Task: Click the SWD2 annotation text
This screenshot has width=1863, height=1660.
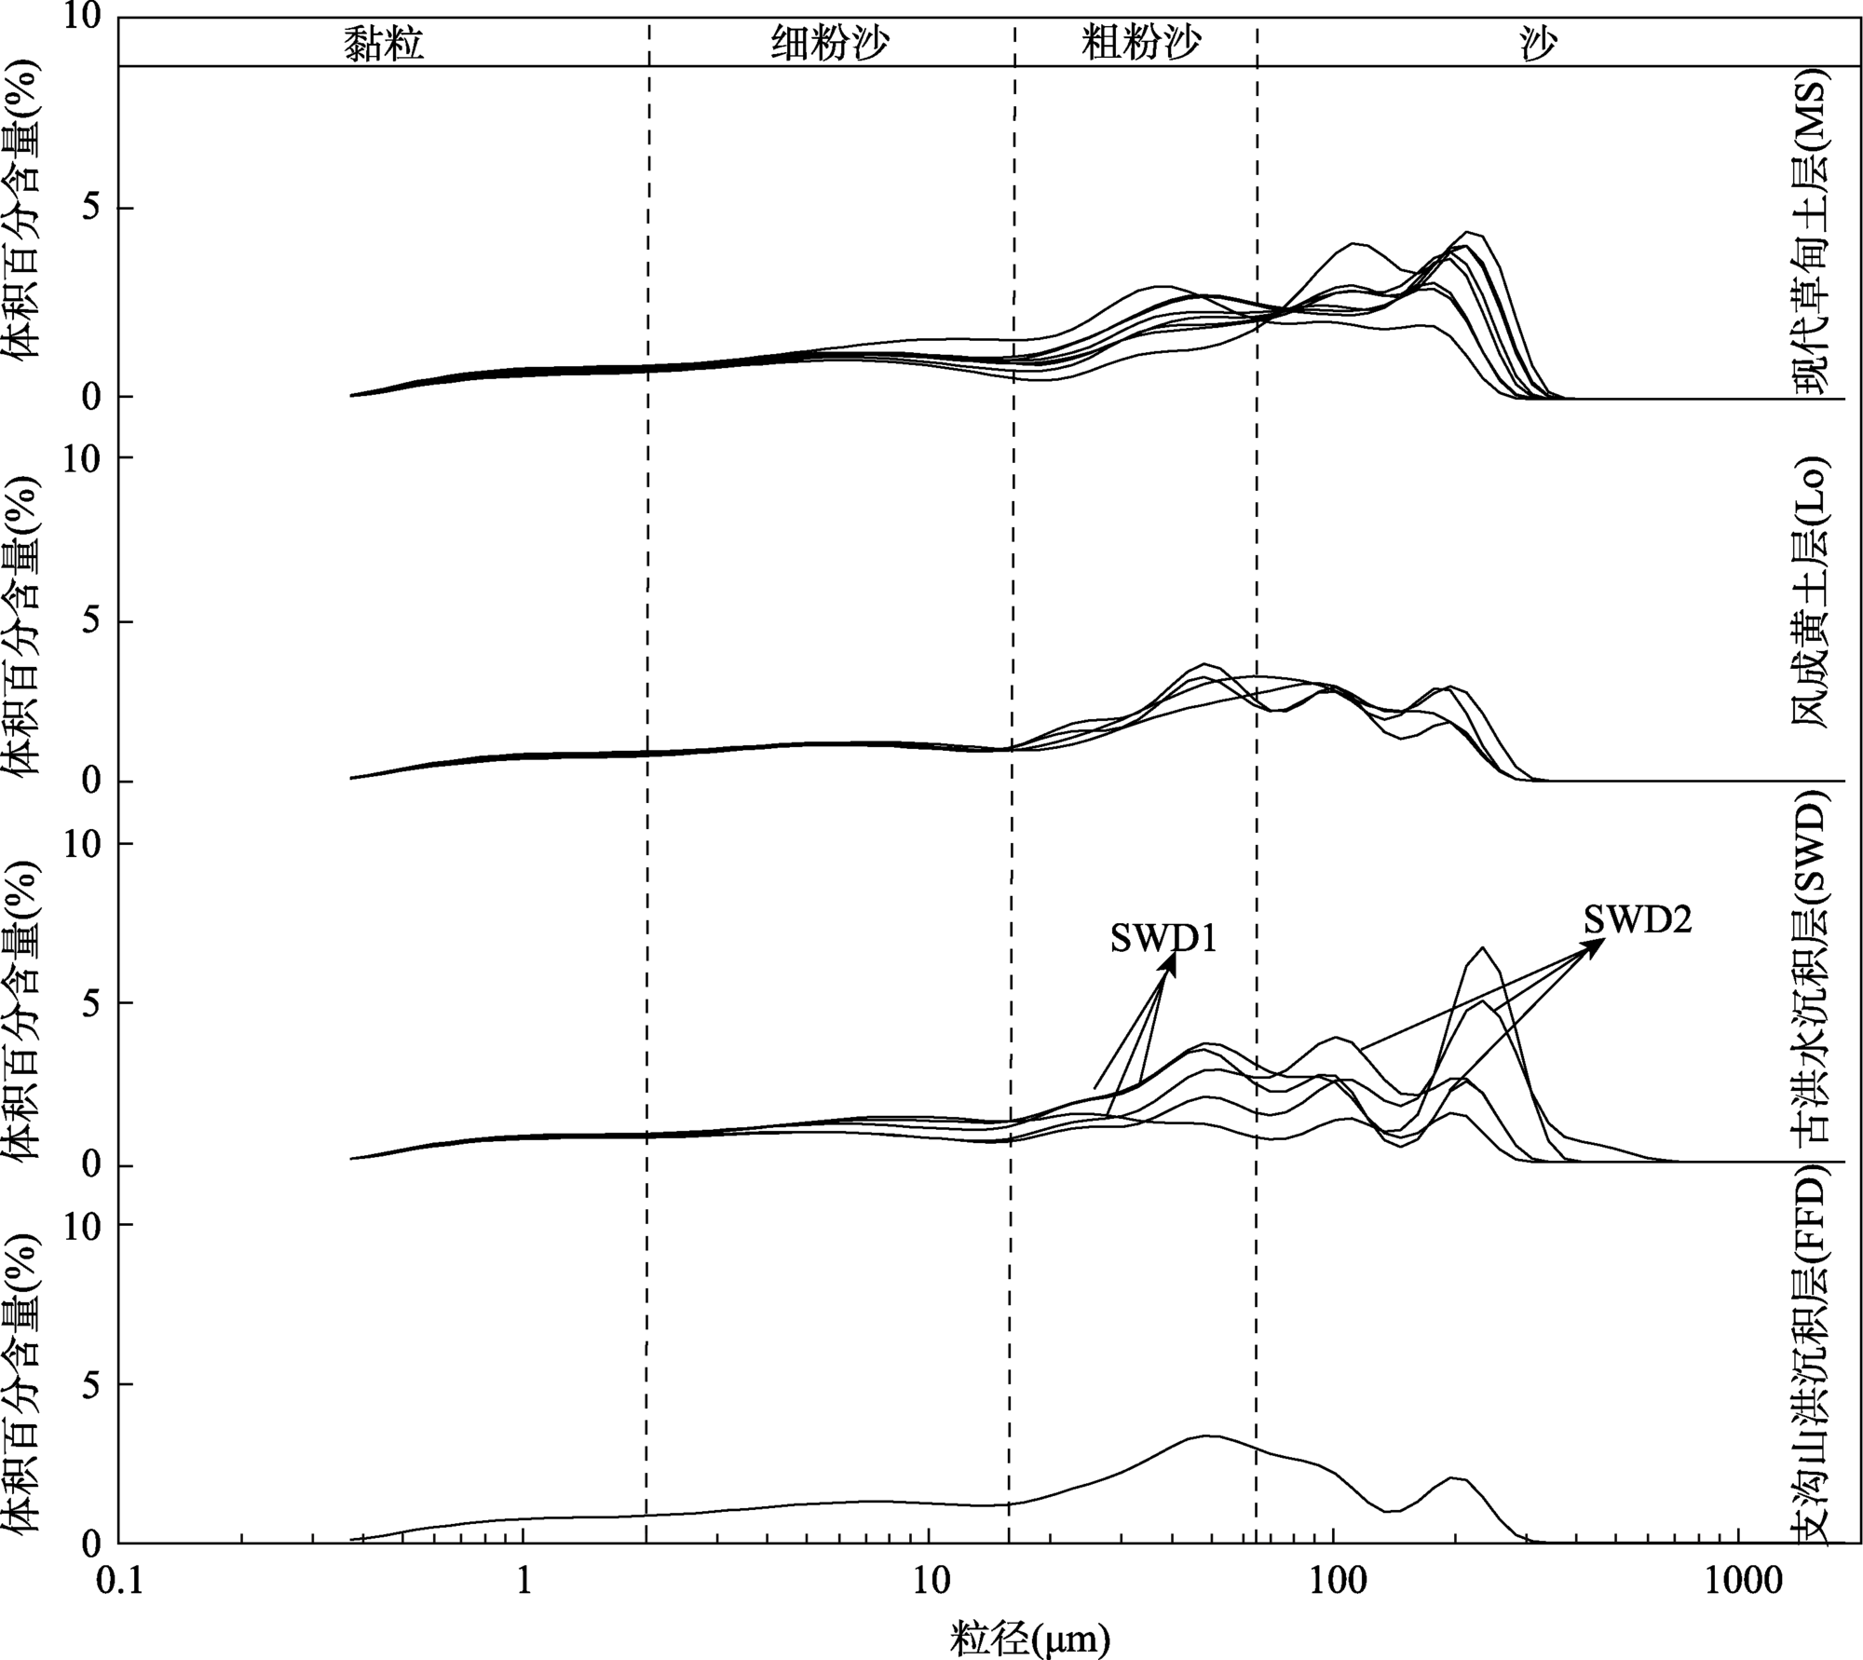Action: click(x=1637, y=920)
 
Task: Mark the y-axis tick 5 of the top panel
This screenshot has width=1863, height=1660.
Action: click(x=91, y=209)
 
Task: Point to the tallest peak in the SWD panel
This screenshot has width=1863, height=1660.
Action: click(x=1482, y=948)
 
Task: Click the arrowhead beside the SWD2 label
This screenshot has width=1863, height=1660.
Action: click(x=1600, y=942)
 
